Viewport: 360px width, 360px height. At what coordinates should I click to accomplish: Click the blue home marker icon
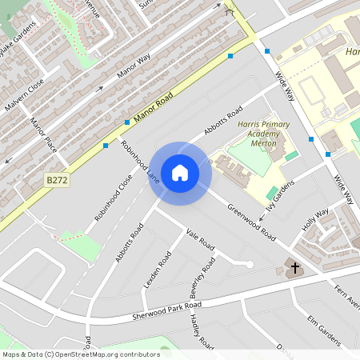pyautogui.click(x=180, y=171)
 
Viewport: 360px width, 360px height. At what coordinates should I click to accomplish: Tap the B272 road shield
pyautogui.click(x=57, y=181)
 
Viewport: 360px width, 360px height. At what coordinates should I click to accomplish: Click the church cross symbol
pyautogui.click(x=294, y=267)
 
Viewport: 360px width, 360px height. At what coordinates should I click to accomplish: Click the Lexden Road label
pyautogui.click(x=157, y=270)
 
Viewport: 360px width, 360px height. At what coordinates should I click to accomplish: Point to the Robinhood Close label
pyautogui.click(x=113, y=197)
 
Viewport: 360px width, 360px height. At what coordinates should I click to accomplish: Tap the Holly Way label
pyautogui.click(x=316, y=218)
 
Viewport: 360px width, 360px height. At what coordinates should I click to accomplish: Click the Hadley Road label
pyautogui.click(x=201, y=332)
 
